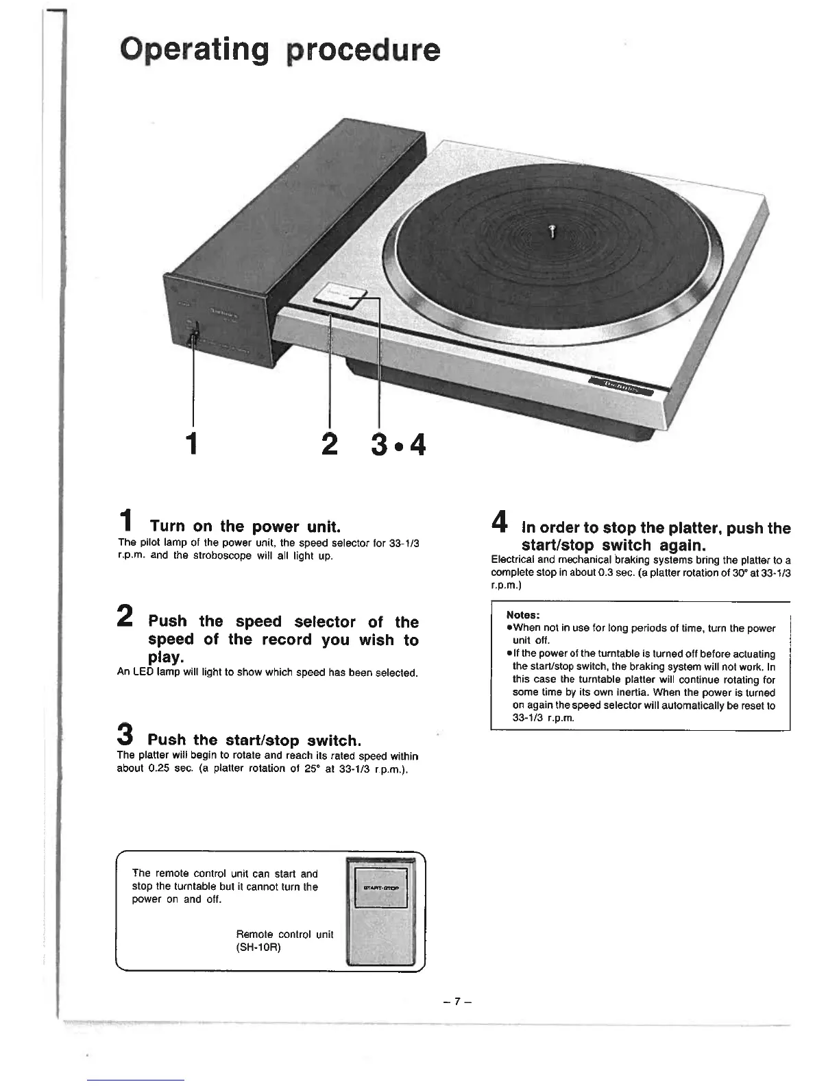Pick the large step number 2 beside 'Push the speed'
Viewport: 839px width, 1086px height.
125,616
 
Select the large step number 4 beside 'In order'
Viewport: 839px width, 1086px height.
499,524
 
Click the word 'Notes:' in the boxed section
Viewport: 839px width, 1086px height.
523,615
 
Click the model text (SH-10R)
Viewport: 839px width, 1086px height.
258,948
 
